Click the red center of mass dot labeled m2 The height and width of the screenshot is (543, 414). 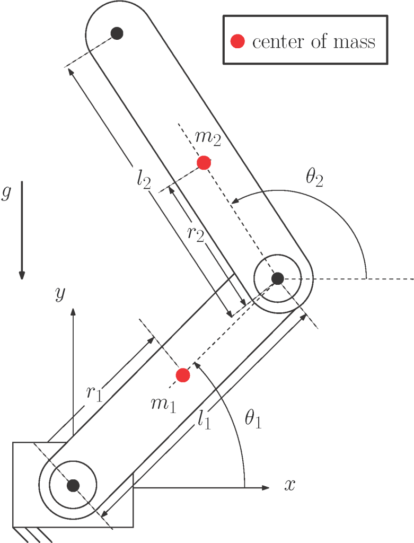[204, 163]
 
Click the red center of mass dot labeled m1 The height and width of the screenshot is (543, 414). [183, 375]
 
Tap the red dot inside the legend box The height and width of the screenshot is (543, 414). [239, 41]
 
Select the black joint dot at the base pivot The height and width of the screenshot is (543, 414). [73, 485]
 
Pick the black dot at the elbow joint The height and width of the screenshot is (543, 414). [277, 277]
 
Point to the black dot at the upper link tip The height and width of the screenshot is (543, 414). [117, 33]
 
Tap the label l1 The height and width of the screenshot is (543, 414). [204, 421]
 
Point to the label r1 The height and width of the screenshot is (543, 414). [94, 393]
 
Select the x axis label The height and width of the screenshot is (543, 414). [289, 485]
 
